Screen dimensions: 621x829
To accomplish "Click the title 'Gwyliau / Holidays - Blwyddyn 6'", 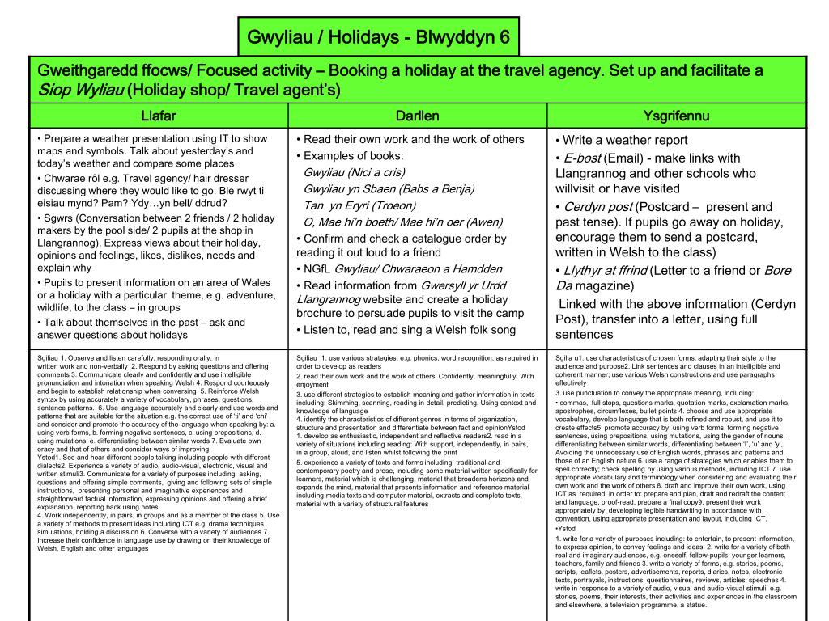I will click(x=378, y=37).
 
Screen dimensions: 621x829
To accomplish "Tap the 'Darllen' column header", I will click(x=418, y=116).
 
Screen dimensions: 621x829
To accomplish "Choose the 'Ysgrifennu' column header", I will click(x=676, y=116).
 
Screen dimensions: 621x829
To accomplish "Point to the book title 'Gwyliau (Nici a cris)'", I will click(x=354, y=172).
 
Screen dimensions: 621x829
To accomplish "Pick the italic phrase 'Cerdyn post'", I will click(x=597, y=206).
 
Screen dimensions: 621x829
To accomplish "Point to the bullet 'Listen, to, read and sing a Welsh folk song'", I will click(x=409, y=329).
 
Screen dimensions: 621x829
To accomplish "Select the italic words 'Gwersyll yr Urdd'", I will click(x=461, y=285).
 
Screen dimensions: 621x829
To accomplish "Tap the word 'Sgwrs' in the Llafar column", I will click(x=58, y=218).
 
